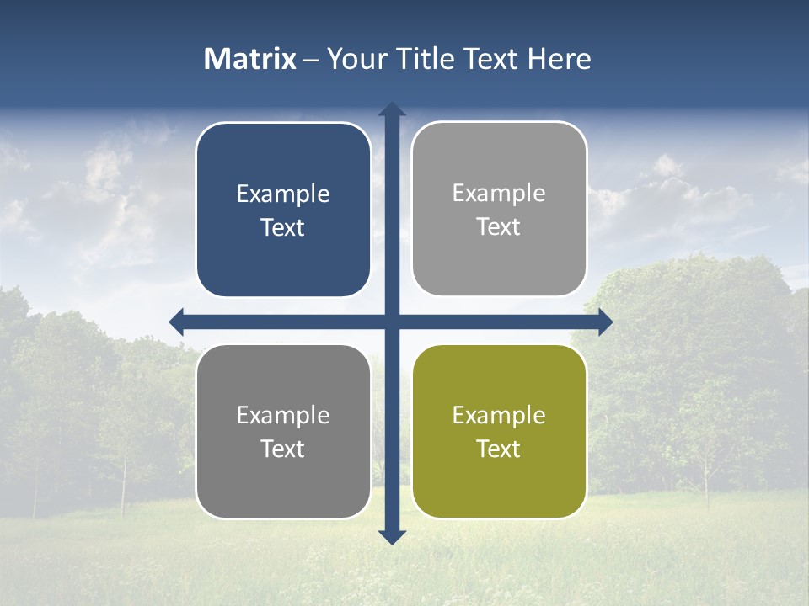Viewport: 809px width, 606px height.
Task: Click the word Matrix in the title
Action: [x=250, y=59]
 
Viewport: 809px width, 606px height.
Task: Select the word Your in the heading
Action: [x=355, y=59]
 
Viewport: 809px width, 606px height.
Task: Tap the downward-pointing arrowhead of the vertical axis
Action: [x=392, y=536]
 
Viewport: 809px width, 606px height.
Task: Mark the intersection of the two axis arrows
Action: [x=392, y=322]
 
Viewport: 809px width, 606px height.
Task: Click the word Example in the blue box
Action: [x=283, y=194]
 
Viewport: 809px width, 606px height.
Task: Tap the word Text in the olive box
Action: [x=499, y=449]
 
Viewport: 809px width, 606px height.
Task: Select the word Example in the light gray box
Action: [x=499, y=194]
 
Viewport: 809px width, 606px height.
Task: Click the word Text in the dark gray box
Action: [x=283, y=449]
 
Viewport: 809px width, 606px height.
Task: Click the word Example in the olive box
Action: [x=499, y=415]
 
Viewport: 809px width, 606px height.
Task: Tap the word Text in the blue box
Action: [x=283, y=227]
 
